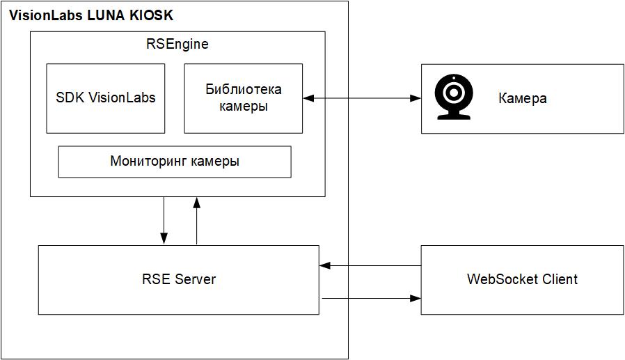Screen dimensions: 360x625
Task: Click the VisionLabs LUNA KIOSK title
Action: [x=90, y=15]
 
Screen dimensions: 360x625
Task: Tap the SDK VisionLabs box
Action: [x=106, y=98]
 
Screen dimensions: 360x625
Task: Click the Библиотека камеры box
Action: [x=243, y=98]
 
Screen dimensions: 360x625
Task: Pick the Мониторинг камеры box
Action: [x=174, y=162]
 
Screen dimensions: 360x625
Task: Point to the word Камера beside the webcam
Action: [x=522, y=98]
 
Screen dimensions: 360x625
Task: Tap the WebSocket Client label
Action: [x=522, y=279]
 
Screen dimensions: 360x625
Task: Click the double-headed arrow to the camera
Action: [x=362, y=99]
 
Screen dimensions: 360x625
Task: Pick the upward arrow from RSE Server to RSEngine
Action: [x=197, y=220]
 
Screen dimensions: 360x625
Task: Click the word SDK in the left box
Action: [x=70, y=98]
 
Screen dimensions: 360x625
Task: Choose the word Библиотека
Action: [x=243, y=90]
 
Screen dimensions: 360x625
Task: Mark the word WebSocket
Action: [x=499, y=279]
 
